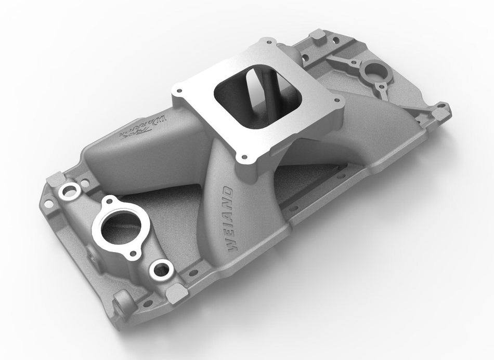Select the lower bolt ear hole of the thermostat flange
click(x=134, y=254)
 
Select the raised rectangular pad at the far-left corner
click(x=53, y=181)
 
